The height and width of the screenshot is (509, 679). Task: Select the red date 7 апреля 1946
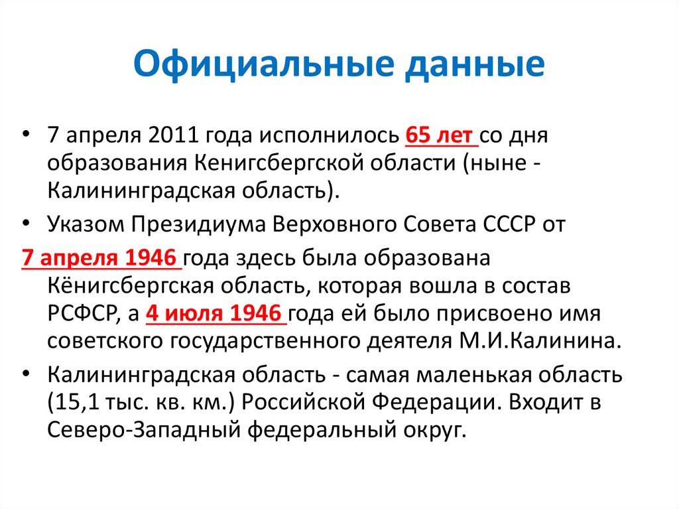99,258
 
